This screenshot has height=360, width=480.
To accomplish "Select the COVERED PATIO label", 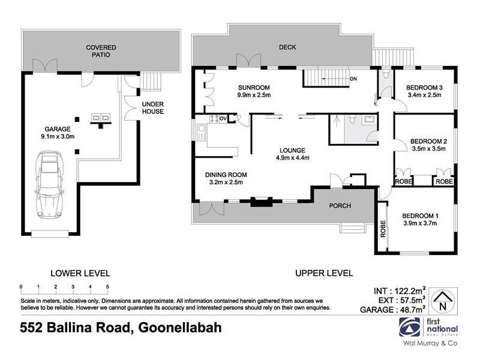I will pos(100,51).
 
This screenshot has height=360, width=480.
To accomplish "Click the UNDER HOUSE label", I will pos(152,107).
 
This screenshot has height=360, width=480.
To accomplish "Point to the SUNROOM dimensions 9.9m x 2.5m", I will pos(255,95).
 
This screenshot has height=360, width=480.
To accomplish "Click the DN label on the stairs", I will pos(353,79).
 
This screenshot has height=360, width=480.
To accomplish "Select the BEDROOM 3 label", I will pos(424,86).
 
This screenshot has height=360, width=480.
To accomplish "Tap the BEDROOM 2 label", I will pos(429,142).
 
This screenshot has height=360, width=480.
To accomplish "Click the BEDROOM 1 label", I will pos(421,216).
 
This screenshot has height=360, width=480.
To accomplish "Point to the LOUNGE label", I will pos(292,150).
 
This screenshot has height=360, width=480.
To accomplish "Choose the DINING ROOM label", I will pos(225,175).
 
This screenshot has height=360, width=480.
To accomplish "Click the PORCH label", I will pos(339,206).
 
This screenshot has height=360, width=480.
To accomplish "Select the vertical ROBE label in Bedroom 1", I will pos(382,229).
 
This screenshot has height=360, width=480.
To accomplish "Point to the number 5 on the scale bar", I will pos(107,286).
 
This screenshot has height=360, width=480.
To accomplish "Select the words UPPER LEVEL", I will pos(323,273).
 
